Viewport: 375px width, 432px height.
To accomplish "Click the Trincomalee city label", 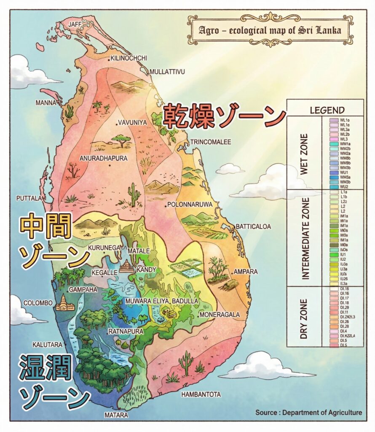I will [210, 142].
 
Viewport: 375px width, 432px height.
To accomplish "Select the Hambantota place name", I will [201, 394].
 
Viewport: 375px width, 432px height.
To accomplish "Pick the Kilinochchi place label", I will [129, 58].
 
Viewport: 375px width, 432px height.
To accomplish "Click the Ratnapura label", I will [126, 332].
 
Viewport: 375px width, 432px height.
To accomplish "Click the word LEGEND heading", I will [327, 111].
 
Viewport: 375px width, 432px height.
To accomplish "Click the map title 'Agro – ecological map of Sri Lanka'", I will [270, 31].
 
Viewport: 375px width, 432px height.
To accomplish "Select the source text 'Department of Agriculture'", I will [322, 412].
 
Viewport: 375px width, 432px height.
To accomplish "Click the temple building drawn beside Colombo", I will [64, 303].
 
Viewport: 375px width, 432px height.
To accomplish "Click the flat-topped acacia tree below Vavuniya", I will [122, 140].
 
